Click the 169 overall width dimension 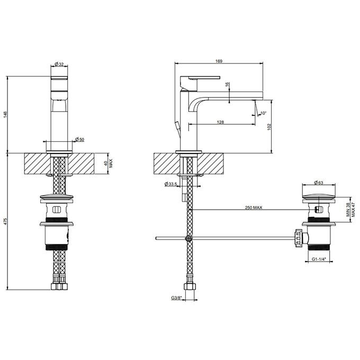point(219,61)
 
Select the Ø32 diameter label point(59,64)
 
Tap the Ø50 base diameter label point(79,139)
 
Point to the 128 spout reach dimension point(220,122)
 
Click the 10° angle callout point(263,113)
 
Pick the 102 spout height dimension point(269,127)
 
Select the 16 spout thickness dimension point(227,85)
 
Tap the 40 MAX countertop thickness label point(108,164)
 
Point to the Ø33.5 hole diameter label point(170,184)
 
